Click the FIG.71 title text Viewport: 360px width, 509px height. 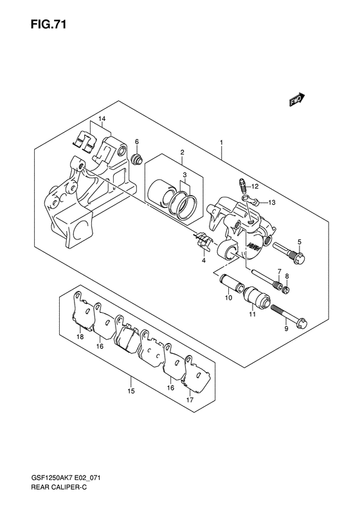[x=49, y=24]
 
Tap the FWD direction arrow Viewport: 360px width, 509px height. [x=297, y=100]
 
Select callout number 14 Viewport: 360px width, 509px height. [x=102, y=119]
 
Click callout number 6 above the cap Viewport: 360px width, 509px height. [x=137, y=142]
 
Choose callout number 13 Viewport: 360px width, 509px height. [x=272, y=203]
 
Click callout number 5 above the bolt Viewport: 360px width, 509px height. [x=300, y=241]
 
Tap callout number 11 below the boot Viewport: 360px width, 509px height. [x=253, y=314]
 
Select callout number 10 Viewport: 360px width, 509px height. [x=229, y=298]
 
